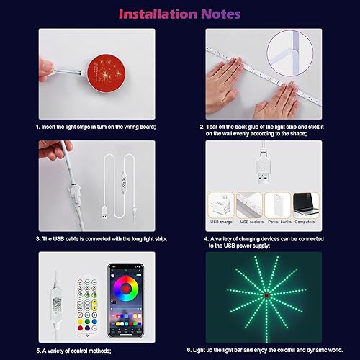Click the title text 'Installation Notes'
179,13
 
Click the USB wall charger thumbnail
222,204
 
